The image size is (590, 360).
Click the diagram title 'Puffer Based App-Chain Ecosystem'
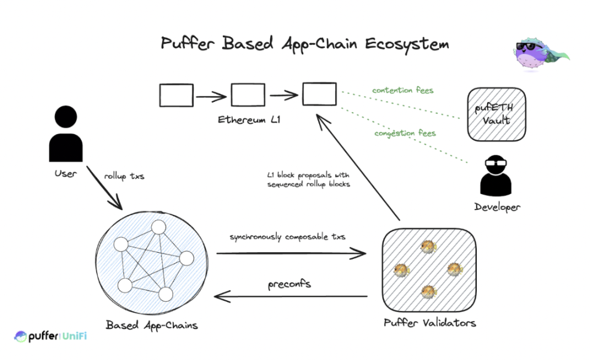coord(305,44)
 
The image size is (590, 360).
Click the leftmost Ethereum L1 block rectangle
coord(177,95)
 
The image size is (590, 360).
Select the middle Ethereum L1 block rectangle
coord(248,95)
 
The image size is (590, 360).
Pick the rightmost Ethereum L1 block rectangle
coord(319,95)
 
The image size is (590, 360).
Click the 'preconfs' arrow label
coord(289,284)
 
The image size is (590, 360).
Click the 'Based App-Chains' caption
coord(152,325)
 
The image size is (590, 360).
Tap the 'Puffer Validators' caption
coord(429,323)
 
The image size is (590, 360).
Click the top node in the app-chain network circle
coord(158,228)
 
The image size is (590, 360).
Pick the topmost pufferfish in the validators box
coord(428,246)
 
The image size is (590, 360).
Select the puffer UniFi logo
coord(50,337)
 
